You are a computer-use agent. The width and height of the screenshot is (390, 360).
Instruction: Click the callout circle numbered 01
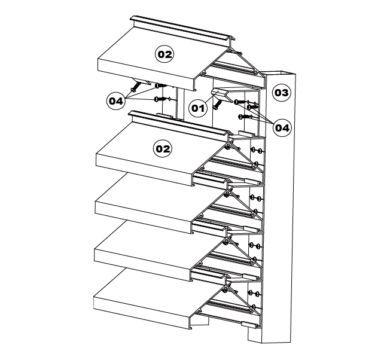198,108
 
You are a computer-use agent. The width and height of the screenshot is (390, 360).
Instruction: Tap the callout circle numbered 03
281,93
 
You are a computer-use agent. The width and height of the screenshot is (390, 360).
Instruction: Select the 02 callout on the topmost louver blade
164,54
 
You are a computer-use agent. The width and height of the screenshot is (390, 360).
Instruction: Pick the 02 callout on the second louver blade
163,149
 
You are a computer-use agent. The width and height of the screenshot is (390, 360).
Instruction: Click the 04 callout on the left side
116,101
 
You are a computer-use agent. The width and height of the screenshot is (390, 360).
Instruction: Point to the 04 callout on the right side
282,128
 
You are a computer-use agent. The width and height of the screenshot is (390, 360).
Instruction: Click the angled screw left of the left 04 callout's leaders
135,87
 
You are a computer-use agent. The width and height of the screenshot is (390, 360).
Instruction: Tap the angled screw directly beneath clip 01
217,104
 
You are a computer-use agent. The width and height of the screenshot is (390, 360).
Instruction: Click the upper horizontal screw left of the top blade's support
161,86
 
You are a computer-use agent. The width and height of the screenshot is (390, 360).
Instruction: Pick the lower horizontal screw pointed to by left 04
161,99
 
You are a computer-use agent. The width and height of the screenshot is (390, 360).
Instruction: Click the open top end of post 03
279,74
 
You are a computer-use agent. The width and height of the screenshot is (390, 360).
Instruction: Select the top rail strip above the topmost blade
183,28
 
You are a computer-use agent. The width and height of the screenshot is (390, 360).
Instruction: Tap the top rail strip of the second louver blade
179,123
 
